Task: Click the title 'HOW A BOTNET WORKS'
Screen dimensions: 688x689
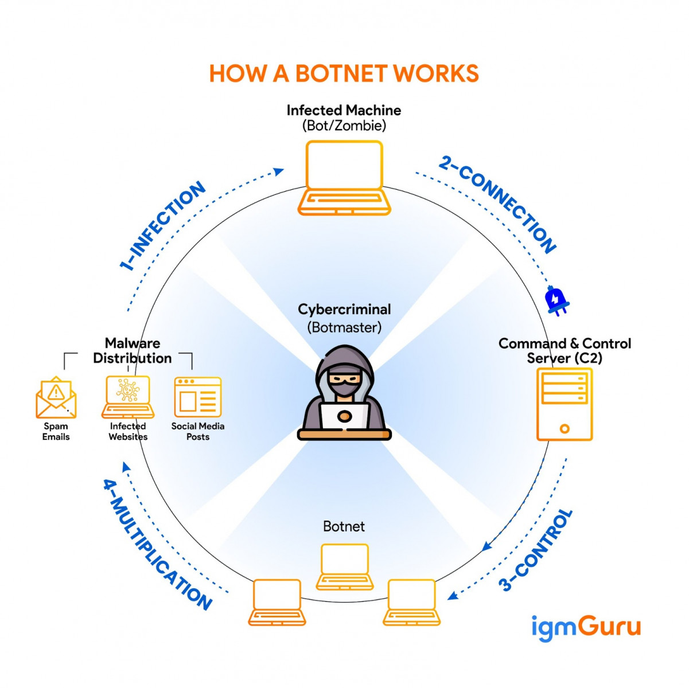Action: tap(344, 74)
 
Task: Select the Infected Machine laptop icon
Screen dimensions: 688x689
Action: tap(344, 178)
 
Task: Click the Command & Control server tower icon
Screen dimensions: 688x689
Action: tap(565, 405)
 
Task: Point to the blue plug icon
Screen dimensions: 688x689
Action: tap(555, 300)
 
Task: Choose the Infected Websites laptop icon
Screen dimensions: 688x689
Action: tap(128, 397)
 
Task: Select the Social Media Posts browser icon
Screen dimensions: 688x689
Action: tap(197, 397)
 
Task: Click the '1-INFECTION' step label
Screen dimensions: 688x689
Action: tap(162, 226)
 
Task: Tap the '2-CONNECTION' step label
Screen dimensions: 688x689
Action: tap(497, 205)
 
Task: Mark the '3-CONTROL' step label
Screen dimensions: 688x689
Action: tap(536, 550)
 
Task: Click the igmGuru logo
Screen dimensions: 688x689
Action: tap(586, 627)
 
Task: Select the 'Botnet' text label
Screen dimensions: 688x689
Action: tap(344, 526)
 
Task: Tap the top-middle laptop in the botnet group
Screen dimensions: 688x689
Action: tap(344, 567)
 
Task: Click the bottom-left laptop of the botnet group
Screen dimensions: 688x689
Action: tap(277, 602)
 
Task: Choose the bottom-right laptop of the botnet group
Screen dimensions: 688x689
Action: tap(411, 602)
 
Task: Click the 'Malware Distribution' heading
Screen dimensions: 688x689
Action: tap(133, 350)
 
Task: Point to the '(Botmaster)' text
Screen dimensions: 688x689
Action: tap(344, 327)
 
